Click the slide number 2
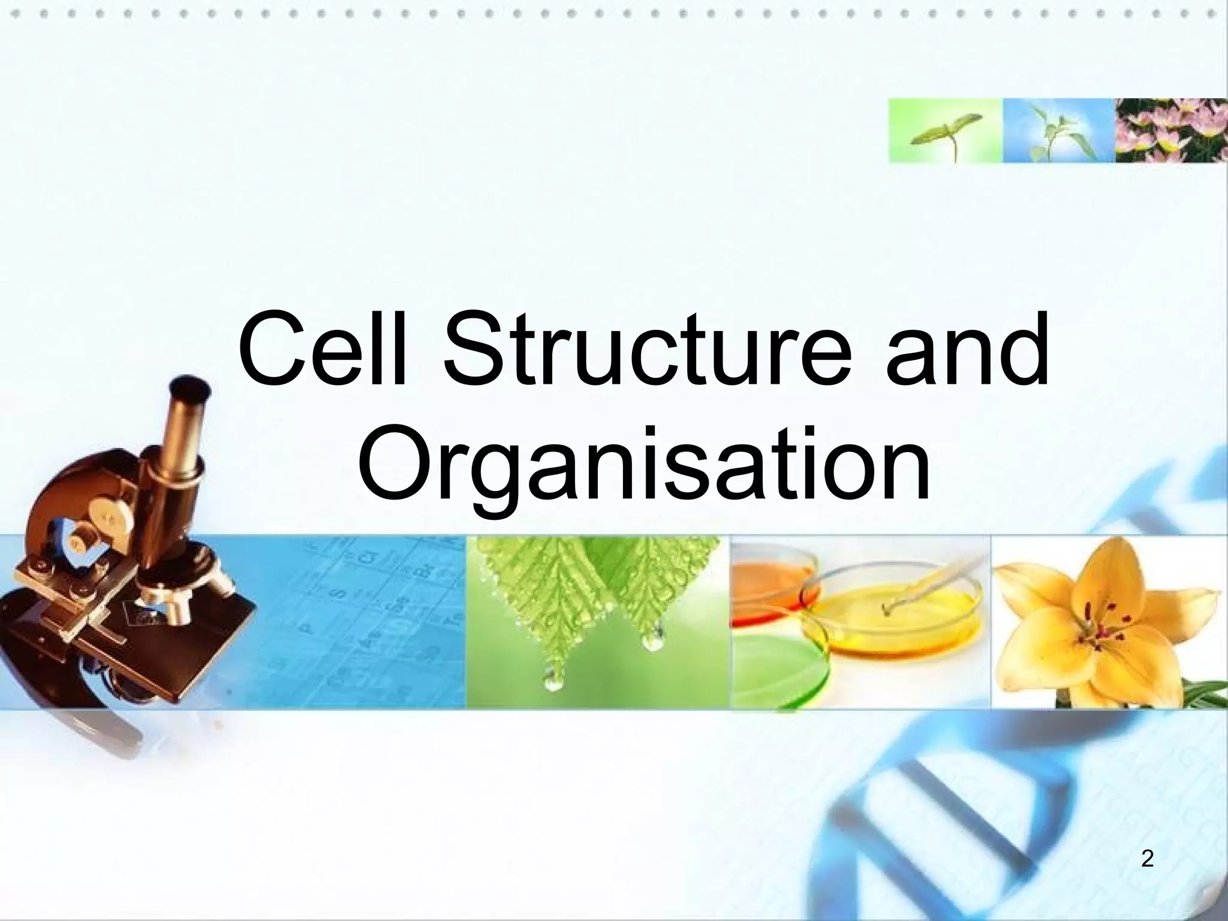coord(1147,859)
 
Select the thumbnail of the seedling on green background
coord(945,130)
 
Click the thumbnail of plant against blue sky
coord(1058,130)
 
